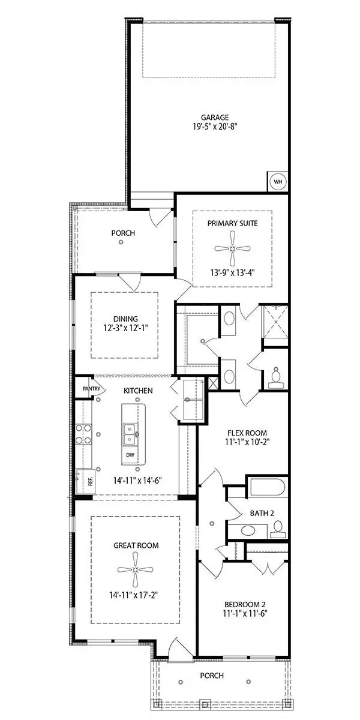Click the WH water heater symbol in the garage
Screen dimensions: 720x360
(278, 182)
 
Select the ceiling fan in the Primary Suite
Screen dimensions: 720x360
(232, 248)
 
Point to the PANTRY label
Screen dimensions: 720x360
(83, 388)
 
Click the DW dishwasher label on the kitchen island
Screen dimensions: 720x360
(130, 455)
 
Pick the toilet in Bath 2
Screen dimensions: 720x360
(277, 529)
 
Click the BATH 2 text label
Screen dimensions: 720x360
(262, 513)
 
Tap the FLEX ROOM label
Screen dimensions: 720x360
(247, 433)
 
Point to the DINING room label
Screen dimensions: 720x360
(125, 319)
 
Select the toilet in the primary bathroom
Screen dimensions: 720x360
(276, 375)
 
